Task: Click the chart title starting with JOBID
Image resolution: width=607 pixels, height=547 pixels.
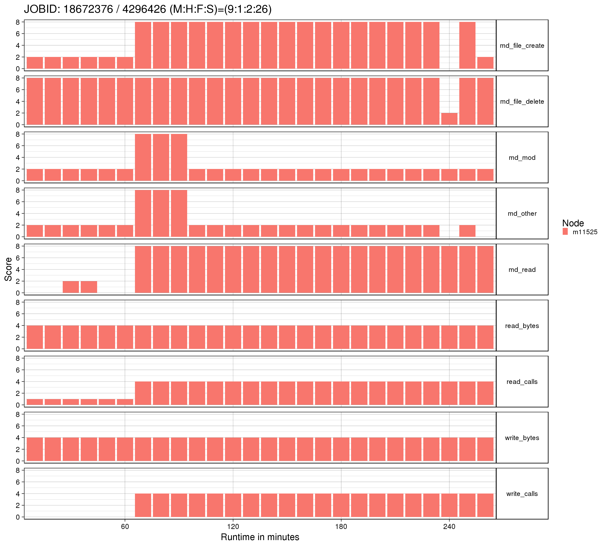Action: (x=148, y=9)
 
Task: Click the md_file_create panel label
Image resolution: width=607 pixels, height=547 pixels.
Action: (x=522, y=46)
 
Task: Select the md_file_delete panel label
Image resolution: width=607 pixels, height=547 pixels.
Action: (x=522, y=101)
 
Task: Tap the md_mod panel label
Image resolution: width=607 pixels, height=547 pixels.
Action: (x=522, y=158)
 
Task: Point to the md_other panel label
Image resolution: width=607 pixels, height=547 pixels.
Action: (x=522, y=214)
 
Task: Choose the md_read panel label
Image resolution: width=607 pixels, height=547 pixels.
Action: (x=522, y=270)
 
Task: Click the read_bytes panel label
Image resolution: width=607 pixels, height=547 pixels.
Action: (x=522, y=326)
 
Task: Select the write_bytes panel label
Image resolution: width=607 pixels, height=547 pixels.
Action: (x=522, y=438)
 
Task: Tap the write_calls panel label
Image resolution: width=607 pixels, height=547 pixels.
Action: (x=522, y=494)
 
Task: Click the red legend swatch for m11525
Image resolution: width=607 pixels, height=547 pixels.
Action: (x=565, y=231)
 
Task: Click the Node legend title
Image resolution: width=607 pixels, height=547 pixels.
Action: (x=573, y=223)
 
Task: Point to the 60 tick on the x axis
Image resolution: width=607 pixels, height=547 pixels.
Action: (x=125, y=527)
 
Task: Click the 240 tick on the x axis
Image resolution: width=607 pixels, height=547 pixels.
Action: (x=449, y=527)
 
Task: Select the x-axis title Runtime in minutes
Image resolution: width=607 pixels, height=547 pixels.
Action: (x=260, y=537)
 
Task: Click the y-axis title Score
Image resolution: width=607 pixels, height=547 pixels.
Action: (x=8, y=269)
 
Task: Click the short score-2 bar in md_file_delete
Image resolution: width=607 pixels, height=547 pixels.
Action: (x=449, y=119)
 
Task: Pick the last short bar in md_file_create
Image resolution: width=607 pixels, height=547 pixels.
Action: (x=485, y=63)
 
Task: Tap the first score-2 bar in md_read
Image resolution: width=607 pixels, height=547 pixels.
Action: (x=71, y=287)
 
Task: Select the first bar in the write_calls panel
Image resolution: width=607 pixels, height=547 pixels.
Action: (x=143, y=505)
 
